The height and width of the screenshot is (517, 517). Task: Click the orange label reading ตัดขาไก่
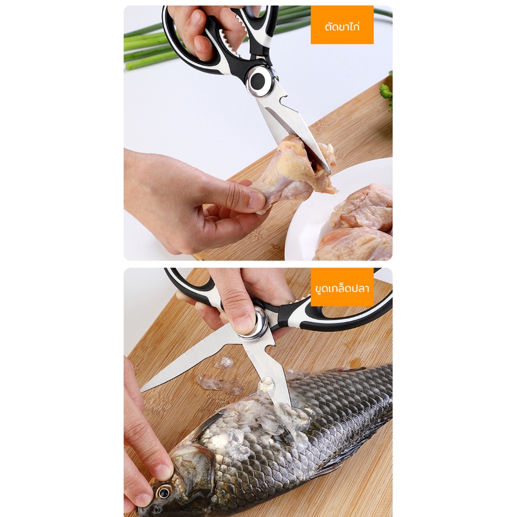(342, 24)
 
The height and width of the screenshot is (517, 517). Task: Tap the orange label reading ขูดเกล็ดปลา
(342, 287)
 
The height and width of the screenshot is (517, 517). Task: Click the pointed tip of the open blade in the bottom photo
(142, 390)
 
